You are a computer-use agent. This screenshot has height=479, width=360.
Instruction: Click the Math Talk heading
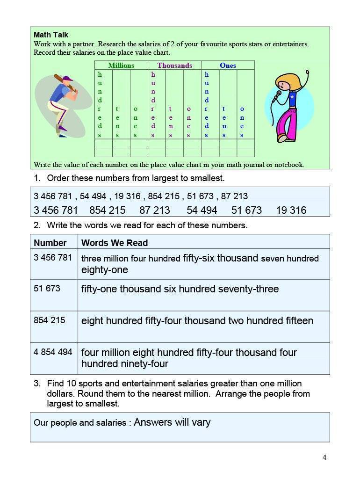(x=51, y=35)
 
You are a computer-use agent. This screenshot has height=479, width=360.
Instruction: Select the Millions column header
(x=121, y=65)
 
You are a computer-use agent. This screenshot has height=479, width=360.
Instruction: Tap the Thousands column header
(x=174, y=65)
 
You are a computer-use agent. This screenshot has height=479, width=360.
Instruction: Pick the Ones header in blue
(x=228, y=65)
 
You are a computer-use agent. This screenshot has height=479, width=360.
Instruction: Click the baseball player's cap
(x=68, y=79)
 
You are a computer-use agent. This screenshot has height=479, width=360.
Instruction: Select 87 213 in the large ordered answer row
(x=154, y=210)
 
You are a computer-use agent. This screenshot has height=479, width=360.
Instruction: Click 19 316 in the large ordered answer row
(x=291, y=210)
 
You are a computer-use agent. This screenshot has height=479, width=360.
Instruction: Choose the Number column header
(x=50, y=243)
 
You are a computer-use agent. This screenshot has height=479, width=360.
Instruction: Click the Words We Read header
(x=115, y=243)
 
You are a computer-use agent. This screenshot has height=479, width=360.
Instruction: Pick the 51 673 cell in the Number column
(x=47, y=288)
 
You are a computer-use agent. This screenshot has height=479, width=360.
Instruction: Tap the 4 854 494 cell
(x=53, y=352)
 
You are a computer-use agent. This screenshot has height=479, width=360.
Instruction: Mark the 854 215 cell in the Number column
(x=49, y=320)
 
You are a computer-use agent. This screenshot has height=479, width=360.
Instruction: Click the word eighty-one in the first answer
(x=104, y=270)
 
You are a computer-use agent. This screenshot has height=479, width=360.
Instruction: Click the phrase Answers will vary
(x=172, y=422)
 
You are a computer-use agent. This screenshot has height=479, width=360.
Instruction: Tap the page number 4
(x=324, y=457)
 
